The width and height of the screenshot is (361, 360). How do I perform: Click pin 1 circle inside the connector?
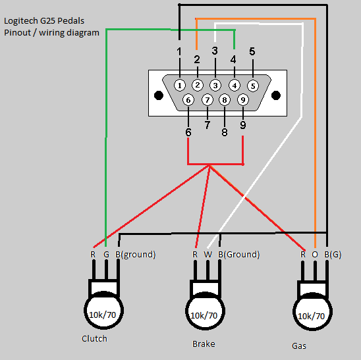pos(180,86)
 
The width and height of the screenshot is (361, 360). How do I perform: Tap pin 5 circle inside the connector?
pos(253,86)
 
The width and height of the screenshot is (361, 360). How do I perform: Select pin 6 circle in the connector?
pos(188,100)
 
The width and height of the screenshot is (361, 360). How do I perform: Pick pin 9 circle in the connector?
pos(243,100)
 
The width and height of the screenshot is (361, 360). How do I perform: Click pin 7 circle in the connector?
pos(208,100)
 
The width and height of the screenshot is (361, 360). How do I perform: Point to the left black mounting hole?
pos(159,95)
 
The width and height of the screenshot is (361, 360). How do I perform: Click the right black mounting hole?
pos(276,95)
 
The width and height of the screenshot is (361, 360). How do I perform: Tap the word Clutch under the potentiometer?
pos(94,338)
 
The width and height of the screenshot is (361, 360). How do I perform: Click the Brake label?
pos(204,344)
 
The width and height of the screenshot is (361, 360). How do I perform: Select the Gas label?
pos(299,346)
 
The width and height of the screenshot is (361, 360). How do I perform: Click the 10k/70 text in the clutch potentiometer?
pos(103,315)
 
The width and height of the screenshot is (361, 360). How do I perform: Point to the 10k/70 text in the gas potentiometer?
pos(312,317)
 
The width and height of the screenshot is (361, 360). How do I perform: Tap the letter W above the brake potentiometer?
pos(208,255)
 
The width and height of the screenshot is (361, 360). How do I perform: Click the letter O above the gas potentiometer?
pos(315,255)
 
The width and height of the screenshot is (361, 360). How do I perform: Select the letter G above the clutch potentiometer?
pos(106,255)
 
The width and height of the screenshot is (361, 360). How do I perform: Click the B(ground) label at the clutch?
pos(136,255)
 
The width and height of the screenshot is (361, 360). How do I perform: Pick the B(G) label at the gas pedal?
pos(333,255)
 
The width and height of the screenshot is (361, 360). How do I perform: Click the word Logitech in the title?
pos(21,21)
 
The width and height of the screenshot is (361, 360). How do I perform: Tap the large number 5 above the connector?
pos(252,51)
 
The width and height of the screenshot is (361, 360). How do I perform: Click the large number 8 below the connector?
pos(225,132)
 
